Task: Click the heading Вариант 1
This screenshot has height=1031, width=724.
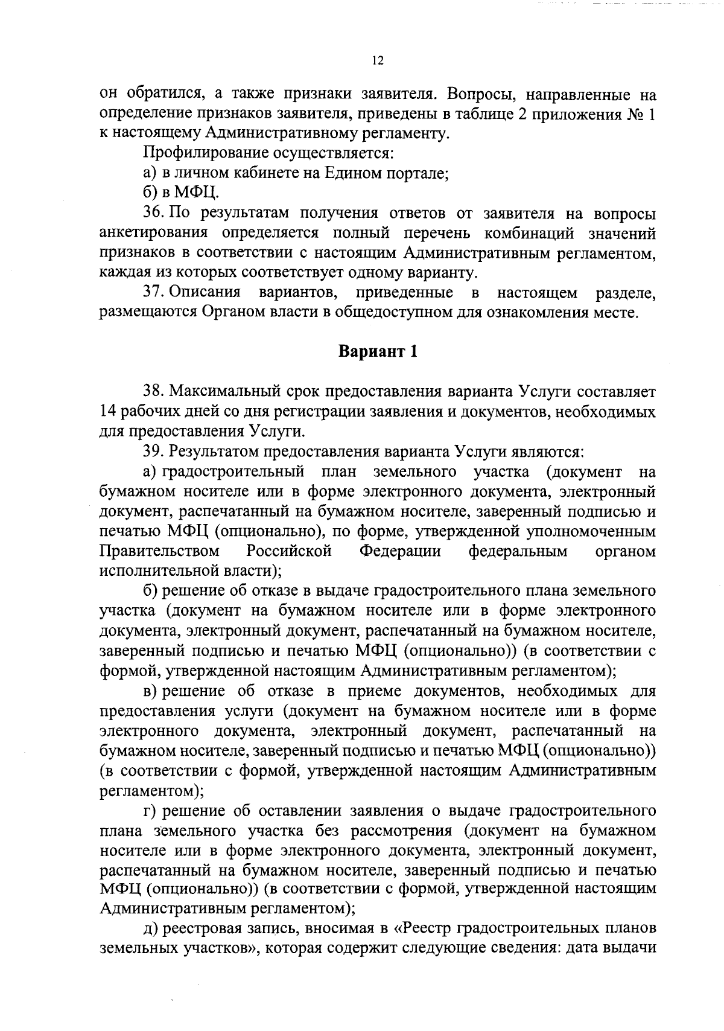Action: [x=377, y=352]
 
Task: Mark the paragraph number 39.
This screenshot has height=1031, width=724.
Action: [x=153, y=451]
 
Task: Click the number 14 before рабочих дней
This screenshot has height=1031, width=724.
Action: [x=108, y=412]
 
